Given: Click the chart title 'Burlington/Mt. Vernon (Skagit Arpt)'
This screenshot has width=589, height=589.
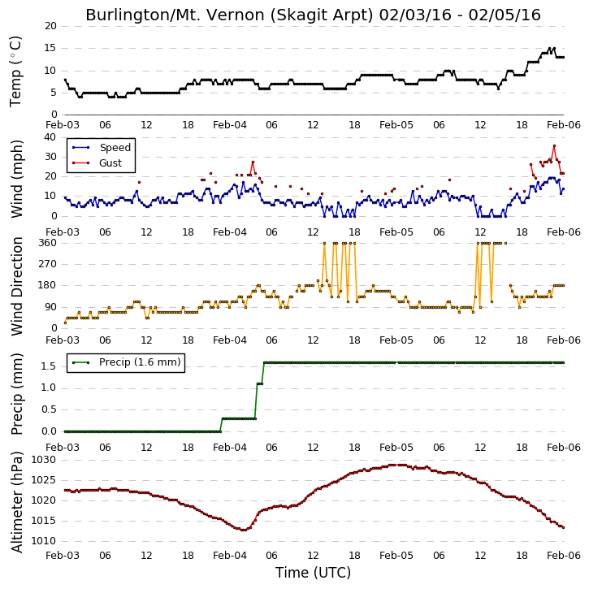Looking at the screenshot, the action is (x=230, y=15).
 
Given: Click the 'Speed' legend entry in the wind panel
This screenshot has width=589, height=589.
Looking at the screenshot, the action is (x=115, y=148).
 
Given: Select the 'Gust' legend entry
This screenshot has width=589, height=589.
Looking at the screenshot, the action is (x=110, y=163).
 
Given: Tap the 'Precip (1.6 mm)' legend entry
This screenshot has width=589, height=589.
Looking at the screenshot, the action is (x=140, y=362).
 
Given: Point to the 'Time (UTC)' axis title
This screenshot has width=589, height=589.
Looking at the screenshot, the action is (x=313, y=573).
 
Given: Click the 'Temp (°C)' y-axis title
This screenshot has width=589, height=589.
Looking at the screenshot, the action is (x=15, y=71).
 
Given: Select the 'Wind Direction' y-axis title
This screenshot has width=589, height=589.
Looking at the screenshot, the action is (x=17, y=286).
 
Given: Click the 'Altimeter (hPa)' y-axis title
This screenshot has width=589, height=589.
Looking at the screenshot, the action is (x=17, y=502).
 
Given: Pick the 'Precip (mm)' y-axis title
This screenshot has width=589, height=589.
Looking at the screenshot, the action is (x=17, y=394).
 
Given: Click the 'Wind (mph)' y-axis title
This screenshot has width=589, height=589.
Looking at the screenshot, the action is (x=17, y=179).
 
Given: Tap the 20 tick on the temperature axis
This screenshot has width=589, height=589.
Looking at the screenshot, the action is (x=50, y=26).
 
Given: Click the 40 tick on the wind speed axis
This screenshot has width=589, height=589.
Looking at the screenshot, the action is (x=50, y=137).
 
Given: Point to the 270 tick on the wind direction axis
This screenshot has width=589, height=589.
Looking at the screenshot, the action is (x=48, y=264).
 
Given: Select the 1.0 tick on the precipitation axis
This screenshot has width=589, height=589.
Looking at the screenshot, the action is (x=49, y=388).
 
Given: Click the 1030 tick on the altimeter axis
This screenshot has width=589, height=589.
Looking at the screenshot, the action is (x=43, y=460).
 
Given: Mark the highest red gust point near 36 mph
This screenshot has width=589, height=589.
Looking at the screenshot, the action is (x=554, y=145).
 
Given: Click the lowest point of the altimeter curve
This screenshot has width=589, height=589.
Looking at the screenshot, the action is (x=243, y=530).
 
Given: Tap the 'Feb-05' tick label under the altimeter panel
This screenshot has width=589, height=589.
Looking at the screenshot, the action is (x=396, y=555).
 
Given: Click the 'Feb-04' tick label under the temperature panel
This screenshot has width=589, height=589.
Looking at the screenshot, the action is (x=230, y=125).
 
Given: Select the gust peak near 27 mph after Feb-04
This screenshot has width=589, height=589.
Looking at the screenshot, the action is (x=253, y=162).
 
